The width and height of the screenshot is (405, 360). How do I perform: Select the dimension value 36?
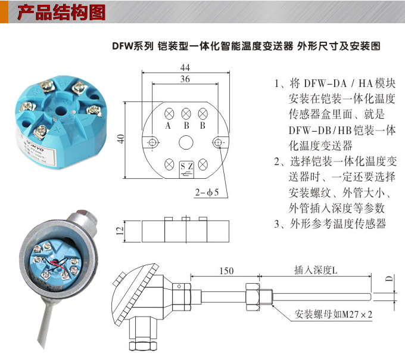click(185, 79)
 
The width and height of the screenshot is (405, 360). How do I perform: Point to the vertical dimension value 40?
click(120, 139)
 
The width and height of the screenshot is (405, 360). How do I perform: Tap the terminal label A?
click(169, 126)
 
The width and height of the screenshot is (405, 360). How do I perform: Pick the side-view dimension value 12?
click(120, 229)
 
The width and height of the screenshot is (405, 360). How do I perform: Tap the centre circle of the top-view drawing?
click(186, 142)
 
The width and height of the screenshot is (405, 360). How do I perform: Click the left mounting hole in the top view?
click(152, 142)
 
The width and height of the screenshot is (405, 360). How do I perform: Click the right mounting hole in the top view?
click(219, 142)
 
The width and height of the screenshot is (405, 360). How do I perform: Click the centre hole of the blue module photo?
click(61, 110)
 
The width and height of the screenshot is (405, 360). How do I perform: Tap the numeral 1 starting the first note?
click(278, 84)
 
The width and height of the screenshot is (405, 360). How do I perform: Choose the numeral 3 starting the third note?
click(278, 224)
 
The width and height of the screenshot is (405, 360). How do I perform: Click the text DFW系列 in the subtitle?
click(133, 45)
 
